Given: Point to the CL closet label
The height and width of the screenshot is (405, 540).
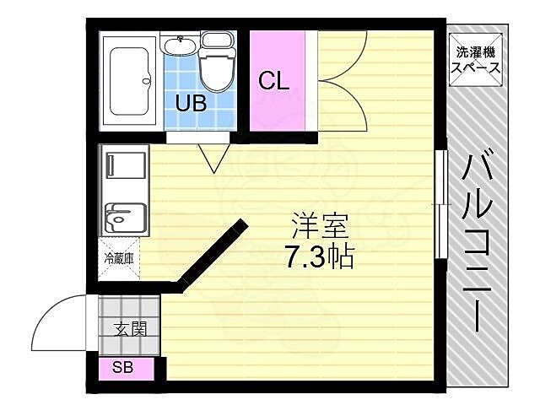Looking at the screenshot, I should tap(273, 82).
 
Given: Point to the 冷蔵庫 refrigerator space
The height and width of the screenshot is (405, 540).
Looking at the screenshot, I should tap(119, 258).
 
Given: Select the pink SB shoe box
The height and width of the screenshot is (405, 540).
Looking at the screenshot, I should tap(126, 368).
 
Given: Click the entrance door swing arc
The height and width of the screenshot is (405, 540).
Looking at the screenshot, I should tap(59, 321).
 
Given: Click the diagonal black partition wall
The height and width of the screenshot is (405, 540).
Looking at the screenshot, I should tap(211, 253).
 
